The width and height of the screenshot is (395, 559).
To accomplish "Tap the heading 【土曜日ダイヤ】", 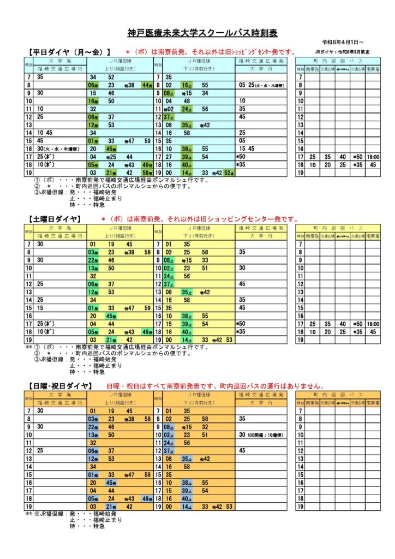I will tap(55, 218).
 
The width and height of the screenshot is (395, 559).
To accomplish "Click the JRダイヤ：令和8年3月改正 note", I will tap(338, 52).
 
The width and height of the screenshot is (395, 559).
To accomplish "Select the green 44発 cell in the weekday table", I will tap(146, 85).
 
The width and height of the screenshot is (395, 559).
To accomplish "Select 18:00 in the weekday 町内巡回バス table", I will tap(373, 157).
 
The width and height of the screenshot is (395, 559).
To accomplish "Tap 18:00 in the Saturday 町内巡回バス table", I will tap(373, 324).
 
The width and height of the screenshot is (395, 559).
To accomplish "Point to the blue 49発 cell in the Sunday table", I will tap(146, 498).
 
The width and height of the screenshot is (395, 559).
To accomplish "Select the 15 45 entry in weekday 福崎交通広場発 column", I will tap(247, 148).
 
